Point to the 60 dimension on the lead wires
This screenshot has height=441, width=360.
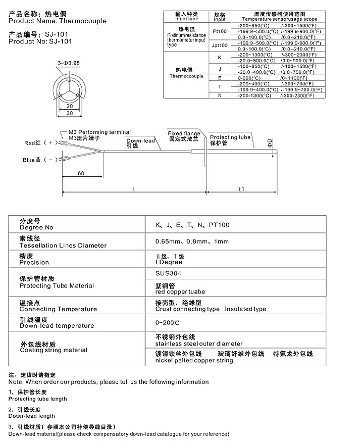point(81,173)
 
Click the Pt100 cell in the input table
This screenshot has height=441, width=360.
point(220,31)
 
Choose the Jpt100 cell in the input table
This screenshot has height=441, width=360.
point(220,45)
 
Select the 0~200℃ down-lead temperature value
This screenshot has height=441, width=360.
point(168,322)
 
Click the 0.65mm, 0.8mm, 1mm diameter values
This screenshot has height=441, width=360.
point(185,241)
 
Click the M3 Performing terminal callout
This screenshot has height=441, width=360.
point(99,132)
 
